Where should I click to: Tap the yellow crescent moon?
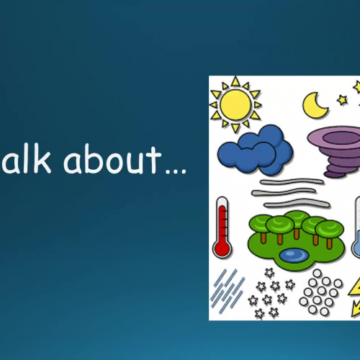(x=315, y=106)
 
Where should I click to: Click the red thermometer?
(x=222, y=227)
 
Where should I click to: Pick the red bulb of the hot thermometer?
(x=222, y=248)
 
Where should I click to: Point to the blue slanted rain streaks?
(x=227, y=289)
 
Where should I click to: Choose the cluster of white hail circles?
(x=321, y=292)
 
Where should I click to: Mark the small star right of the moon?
(x=342, y=100)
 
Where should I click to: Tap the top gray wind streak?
(x=287, y=181)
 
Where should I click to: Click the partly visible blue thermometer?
(x=356, y=229)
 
